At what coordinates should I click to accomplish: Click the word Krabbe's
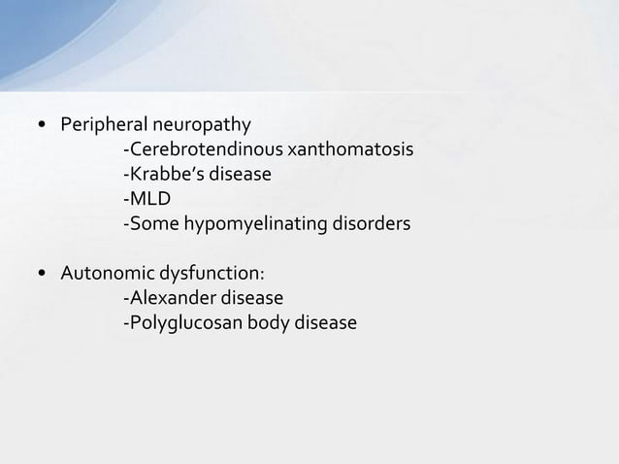click(x=161, y=175)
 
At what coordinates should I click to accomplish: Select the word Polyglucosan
click(x=180, y=322)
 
